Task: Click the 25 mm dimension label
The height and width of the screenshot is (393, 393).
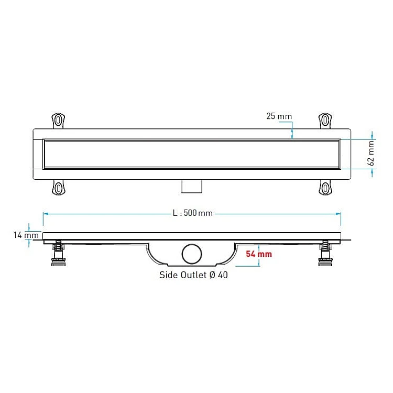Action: tap(279, 116)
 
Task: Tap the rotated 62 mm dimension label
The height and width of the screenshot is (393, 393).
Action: tap(371, 153)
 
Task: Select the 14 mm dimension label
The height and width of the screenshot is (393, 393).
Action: tap(26, 235)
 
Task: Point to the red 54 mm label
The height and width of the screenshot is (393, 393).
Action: tap(259, 254)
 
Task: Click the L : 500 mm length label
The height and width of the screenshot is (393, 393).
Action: tap(193, 213)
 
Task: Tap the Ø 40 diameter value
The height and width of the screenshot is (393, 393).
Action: tap(219, 275)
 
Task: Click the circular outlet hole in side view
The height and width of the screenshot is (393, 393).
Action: tap(192, 254)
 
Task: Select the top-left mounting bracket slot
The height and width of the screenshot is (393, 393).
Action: tap(58, 120)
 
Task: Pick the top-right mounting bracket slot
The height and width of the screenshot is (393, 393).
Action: tap(325, 120)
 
